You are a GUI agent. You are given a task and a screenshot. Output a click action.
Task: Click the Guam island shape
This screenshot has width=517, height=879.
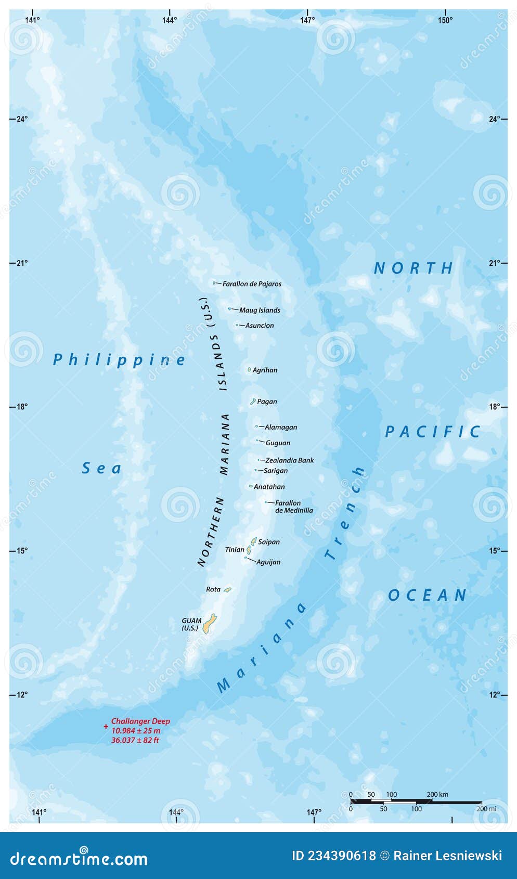click(x=210, y=624)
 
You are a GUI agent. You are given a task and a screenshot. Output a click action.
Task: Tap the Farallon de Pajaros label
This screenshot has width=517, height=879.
click(x=252, y=284)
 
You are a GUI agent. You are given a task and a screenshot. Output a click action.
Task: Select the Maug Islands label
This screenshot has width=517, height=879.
click(x=260, y=311)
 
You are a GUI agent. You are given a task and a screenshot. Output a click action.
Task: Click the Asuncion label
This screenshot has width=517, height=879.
click(x=260, y=326)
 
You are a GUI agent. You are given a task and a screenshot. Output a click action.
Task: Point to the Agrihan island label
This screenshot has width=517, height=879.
click(x=265, y=370)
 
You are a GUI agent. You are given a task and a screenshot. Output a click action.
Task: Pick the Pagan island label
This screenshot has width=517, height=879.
click(x=267, y=402)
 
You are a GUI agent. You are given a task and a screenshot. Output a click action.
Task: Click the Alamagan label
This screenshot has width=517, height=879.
click(x=281, y=428)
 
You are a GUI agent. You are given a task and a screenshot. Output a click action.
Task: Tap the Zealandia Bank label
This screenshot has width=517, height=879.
click(x=289, y=460)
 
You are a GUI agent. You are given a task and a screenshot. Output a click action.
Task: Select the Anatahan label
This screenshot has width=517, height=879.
click(x=269, y=487)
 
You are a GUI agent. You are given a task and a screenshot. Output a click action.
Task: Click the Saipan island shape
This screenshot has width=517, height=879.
click(x=254, y=541)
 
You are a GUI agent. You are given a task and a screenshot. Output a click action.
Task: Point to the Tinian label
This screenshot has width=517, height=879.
click(x=235, y=550)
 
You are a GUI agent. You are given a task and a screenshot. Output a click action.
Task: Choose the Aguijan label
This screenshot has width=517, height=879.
click(x=268, y=562)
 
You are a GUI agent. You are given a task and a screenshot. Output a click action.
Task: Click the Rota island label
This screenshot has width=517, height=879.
click(x=213, y=589)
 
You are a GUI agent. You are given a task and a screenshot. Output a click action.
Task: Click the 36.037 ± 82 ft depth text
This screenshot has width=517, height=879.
click(x=135, y=740)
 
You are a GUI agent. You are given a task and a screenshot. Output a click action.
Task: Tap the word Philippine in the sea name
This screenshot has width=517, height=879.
click(x=119, y=360)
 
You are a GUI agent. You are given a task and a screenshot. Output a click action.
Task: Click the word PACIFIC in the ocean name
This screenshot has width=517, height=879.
click(x=433, y=432)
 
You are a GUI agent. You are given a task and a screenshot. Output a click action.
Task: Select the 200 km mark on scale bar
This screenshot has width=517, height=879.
click(x=437, y=795)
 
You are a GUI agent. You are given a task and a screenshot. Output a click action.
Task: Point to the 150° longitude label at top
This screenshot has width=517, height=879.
click(x=445, y=20)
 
